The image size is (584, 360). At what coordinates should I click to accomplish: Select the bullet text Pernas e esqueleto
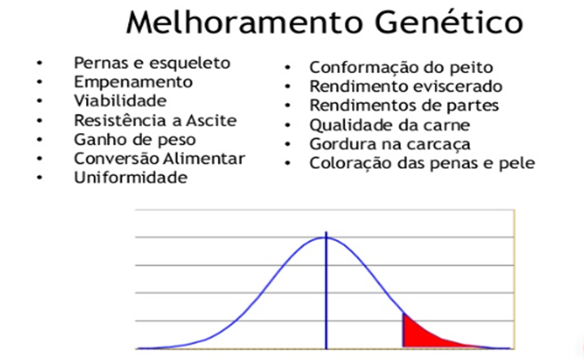[x=152, y=62]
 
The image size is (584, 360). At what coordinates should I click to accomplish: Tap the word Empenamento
[x=133, y=82]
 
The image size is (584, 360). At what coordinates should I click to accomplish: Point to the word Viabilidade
[x=119, y=101]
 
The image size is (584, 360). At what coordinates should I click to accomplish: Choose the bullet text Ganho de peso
[x=134, y=140]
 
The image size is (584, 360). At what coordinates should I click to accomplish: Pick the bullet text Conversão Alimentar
[x=159, y=159]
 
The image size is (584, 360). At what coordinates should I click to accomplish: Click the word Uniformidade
[x=130, y=178]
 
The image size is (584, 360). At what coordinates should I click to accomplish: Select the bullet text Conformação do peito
[x=401, y=68]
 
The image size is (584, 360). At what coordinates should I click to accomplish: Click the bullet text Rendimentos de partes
[x=404, y=105]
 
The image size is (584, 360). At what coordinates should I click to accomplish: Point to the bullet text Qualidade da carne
[x=389, y=125]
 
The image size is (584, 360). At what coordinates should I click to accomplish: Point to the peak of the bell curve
[x=326, y=238]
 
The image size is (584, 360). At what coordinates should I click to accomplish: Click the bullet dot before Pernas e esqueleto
[x=39, y=63]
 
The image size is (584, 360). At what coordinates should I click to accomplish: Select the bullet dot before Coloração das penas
[x=289, y=164]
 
